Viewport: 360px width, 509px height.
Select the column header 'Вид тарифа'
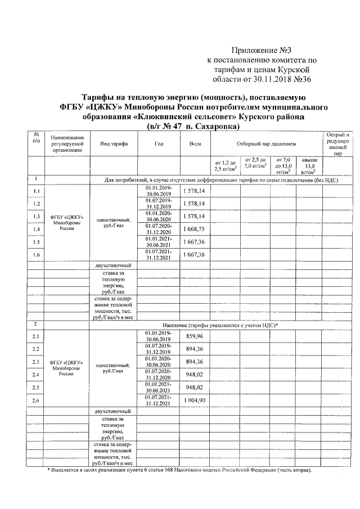coord(114,145)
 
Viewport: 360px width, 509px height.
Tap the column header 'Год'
coord(158,145)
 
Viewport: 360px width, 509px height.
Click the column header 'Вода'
coord(195,145)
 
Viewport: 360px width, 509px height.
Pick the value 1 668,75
coord(195,229)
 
